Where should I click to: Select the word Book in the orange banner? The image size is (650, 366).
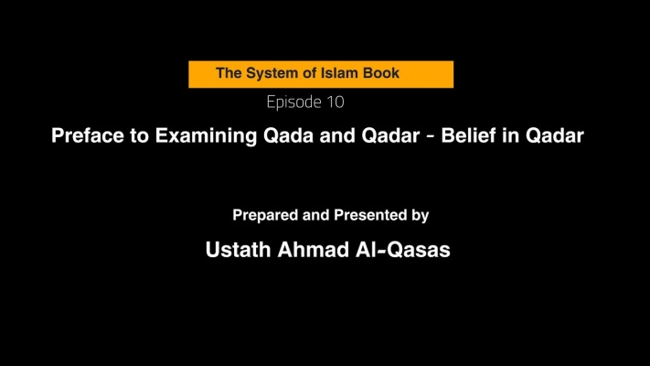(381, 73)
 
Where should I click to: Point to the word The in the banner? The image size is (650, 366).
(229, 73)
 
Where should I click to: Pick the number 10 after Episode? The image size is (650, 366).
(336, 102)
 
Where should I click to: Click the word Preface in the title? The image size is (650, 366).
(88, 135)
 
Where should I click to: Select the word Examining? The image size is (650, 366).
(206, 136)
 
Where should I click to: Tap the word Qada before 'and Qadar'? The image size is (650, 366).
(289, 135)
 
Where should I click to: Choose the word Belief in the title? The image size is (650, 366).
(468, 135)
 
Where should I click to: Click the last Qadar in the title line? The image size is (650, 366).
(555, 135)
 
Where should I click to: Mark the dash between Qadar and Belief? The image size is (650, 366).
(431, 136)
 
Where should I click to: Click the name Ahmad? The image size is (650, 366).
(314, 250)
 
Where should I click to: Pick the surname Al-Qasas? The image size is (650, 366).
(403, 250)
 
